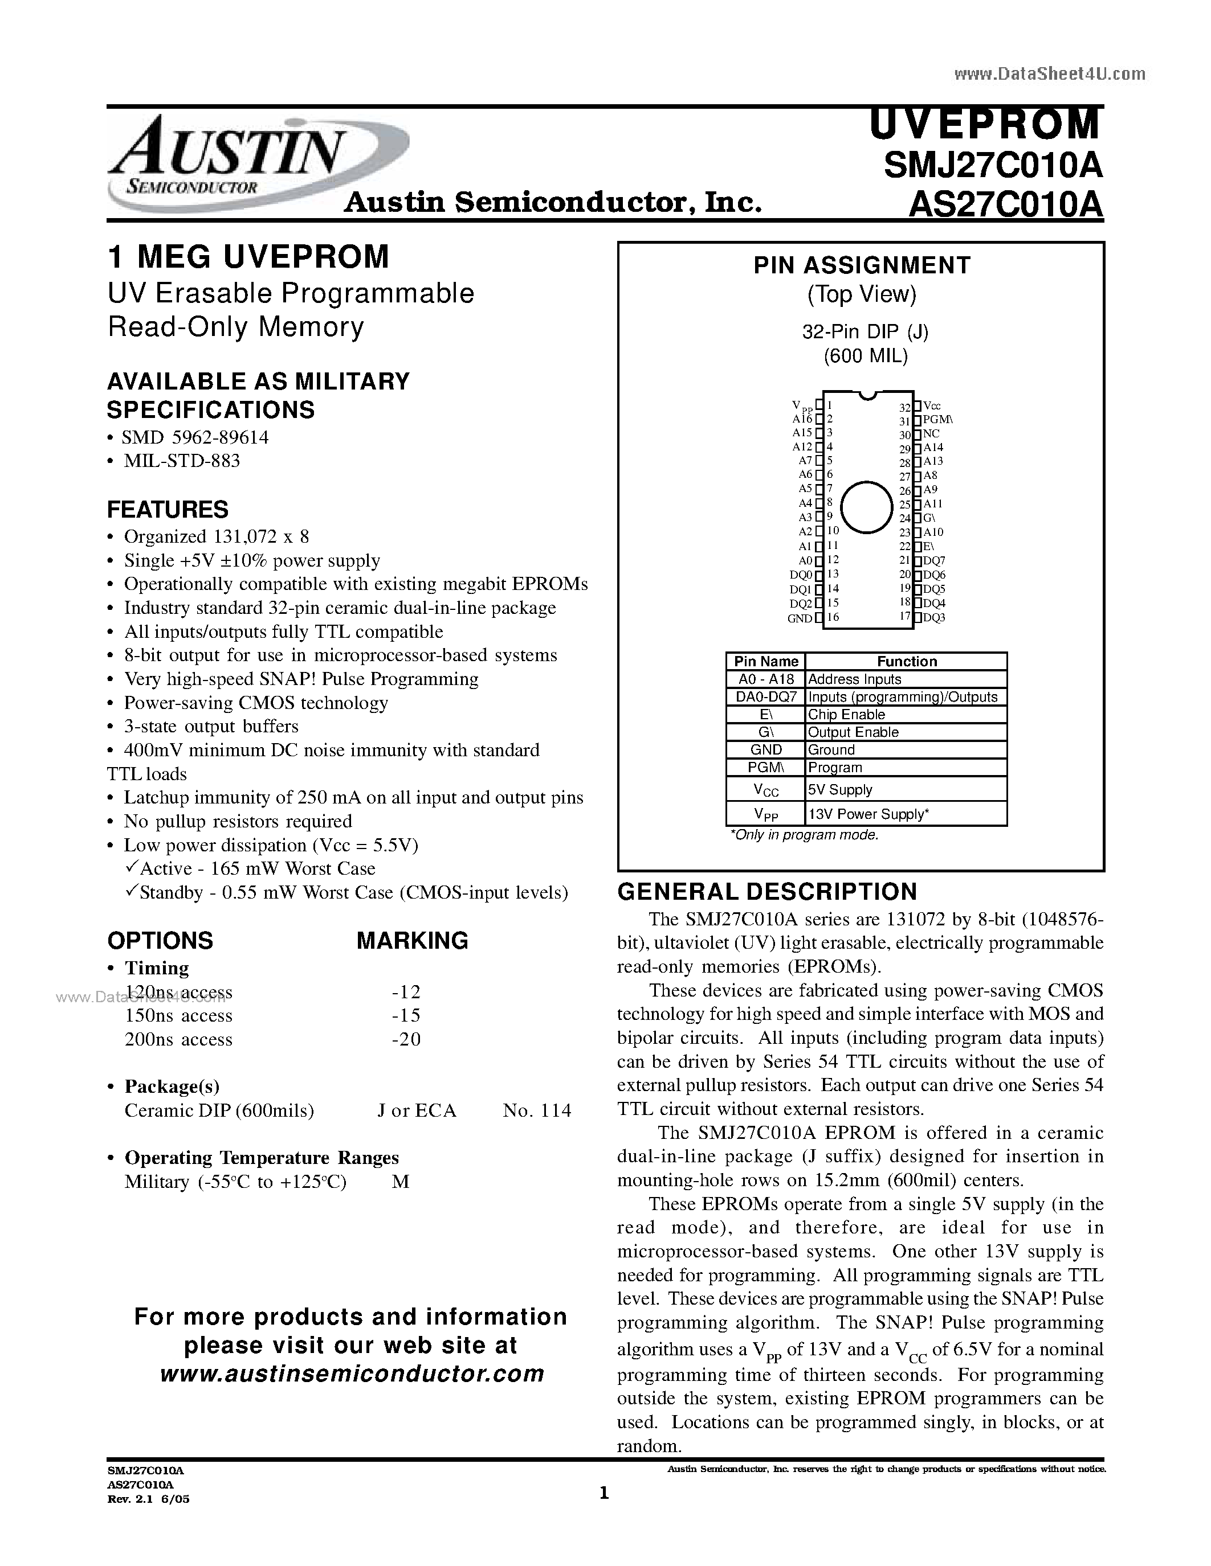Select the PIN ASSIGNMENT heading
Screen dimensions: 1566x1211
[861, 265]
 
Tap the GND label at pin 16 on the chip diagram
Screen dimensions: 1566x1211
[799, 618]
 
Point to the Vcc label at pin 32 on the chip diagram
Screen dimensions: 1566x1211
[932, 406]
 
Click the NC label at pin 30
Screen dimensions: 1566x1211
[931, 434]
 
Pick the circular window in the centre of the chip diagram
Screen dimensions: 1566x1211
[867, 507]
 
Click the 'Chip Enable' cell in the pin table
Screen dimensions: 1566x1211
[846, 714]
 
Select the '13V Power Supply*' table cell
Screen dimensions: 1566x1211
[868, 814]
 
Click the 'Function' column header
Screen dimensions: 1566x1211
[907, 661]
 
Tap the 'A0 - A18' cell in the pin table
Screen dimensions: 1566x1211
[766, 679]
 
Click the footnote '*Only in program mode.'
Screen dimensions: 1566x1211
[804, 835]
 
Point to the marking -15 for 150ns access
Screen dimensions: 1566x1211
[406, 1015]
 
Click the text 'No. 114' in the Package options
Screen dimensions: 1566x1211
[537, 1110]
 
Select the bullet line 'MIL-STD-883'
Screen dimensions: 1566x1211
[181, 460]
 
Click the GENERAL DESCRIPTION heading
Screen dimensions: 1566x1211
[767, 891]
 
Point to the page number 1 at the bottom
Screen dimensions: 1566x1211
[604, 1493]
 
